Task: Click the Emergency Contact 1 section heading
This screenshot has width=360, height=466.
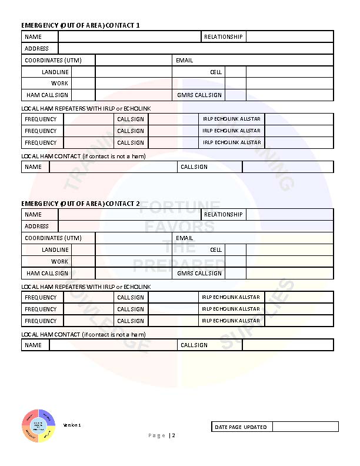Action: point(81,25)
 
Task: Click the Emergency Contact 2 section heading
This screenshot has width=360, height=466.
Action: point(81,204)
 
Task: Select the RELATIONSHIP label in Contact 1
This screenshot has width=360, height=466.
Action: point(223,37)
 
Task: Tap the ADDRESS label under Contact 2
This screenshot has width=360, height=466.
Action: point(36,227)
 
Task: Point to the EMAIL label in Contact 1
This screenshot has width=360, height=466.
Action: point(184,61)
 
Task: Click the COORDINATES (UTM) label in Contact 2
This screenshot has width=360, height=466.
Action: point(53,238)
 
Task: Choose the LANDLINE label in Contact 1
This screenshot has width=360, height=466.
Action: point(55,72)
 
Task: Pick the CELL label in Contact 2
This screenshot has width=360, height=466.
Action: point(216,250)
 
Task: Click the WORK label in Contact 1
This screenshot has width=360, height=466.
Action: point(59,84)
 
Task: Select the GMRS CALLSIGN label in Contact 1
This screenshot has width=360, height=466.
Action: point(199,95)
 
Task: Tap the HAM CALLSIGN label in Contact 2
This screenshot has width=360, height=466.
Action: point(47,273)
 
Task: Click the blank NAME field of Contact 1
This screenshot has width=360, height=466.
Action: point(129,37)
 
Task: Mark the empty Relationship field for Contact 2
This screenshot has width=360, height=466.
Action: point(289,215)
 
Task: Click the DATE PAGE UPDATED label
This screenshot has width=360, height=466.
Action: point(241,427)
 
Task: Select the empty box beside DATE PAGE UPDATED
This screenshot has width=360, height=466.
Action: point(305,427)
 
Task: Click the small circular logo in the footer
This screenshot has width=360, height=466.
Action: point(38,426)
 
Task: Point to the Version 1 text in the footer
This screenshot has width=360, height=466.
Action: point(72,425)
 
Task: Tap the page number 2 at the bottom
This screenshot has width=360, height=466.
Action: point(174,435)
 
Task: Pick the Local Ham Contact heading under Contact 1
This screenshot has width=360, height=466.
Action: point(83,156)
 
